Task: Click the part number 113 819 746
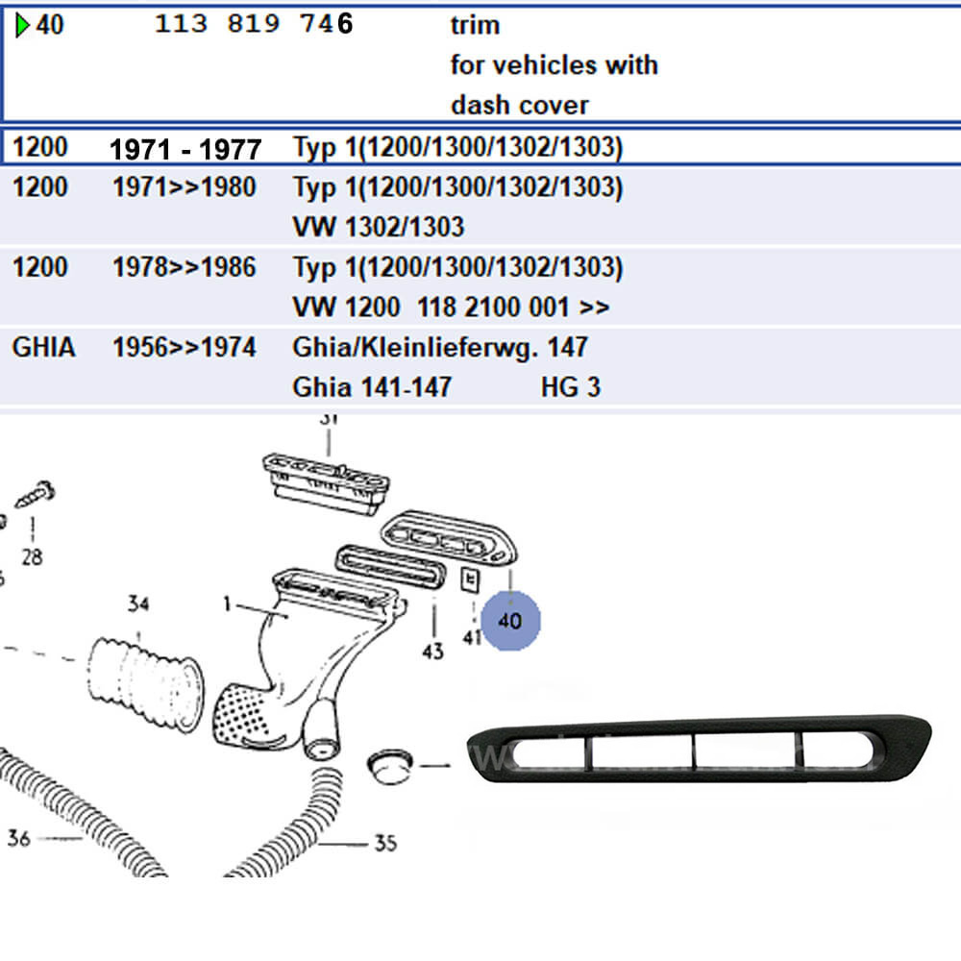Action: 254,25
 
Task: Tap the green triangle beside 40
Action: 22,25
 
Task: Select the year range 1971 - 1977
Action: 185,149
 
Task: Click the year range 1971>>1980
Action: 185,186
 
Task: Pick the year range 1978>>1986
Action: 185,266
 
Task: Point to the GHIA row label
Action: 43,347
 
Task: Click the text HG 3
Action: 570,387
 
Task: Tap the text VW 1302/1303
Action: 378,227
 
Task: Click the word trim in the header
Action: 475,25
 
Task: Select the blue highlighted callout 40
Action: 510,621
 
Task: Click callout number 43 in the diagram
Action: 432,651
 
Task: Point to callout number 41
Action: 472,636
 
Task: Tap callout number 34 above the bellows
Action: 138,604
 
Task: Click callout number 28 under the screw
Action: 32,556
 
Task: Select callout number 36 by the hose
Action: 19,838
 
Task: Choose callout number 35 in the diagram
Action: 384,843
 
